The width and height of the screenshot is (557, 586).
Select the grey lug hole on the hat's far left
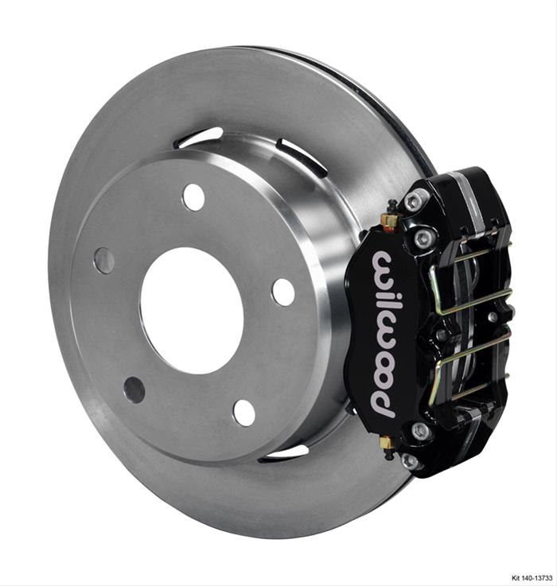tap(103, 260)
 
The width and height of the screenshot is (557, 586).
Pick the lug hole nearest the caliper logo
tap(282, 292)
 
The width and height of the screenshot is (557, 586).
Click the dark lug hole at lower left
tap(134, 389)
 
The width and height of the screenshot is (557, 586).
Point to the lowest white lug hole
tap(244, 412)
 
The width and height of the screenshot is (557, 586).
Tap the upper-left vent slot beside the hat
tap(199, 138)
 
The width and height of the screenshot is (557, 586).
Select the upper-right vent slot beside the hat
tap(302, 157)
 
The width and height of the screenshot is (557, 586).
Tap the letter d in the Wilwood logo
tap(383, 398)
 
